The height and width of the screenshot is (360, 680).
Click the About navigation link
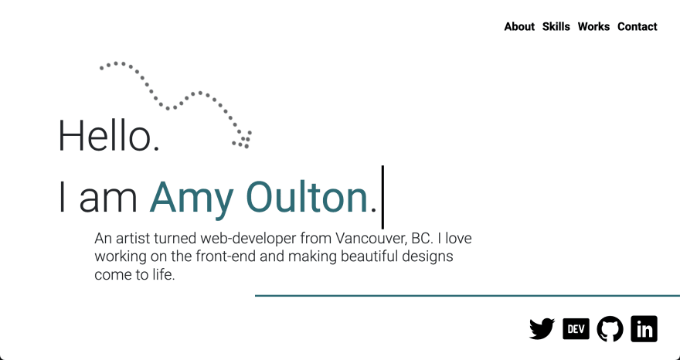[x=519, y=26]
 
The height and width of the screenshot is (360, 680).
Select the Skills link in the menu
[x=556, y=26]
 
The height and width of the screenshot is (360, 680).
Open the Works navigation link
[x=593, y=26]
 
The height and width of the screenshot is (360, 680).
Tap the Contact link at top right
[x=637, y=26]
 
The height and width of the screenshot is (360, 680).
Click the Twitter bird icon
[x=542, y=329]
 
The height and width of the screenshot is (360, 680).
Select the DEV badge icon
[x=576, y=329]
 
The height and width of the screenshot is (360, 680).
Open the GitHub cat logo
[x=610, y=329]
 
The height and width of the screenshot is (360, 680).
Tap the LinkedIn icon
[x=644, y=329]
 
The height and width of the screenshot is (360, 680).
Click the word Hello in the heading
[x=108, y=136]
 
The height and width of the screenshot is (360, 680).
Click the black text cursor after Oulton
[x=382, y=197]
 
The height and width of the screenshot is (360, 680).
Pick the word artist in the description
[x=133, y=238]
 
